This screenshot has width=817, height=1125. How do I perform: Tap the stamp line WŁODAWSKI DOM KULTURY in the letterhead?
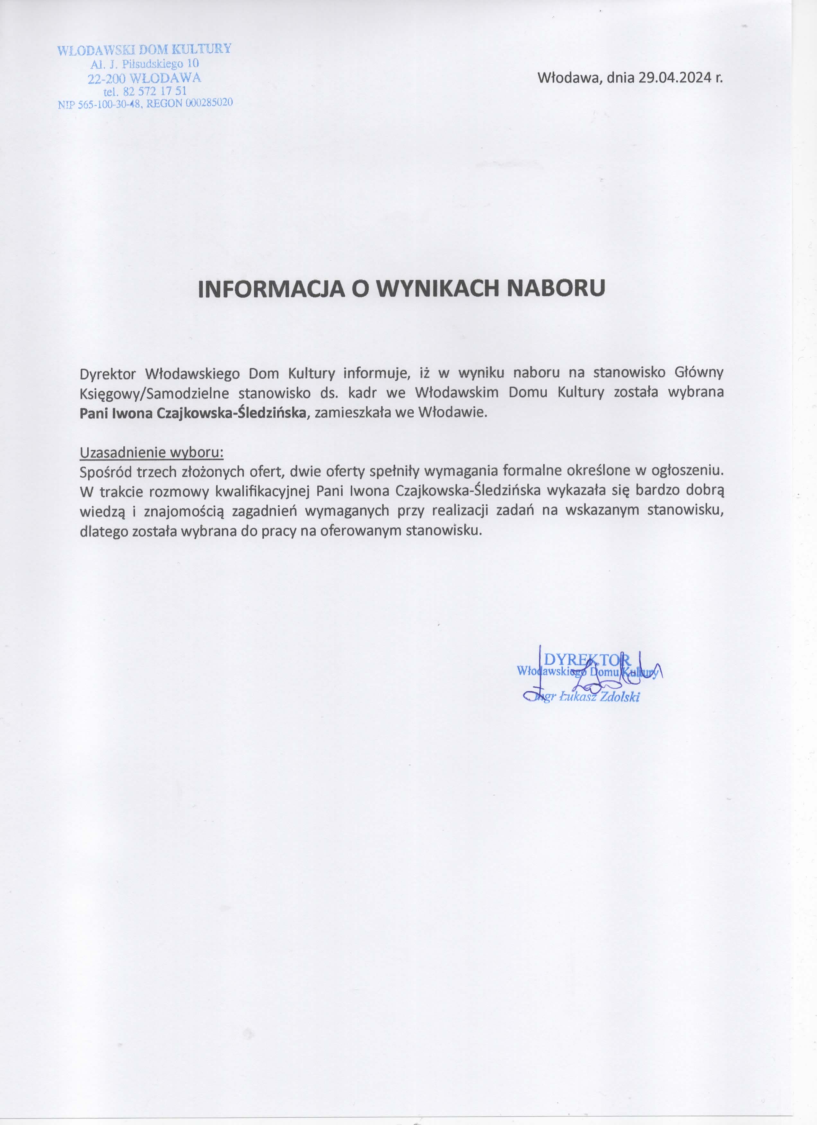(144, 49)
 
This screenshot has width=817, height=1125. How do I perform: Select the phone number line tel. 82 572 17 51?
(145, 91)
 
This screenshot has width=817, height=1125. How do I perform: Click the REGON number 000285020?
(209, 103)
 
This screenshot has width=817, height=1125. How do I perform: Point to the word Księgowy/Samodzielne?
(154, 393)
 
